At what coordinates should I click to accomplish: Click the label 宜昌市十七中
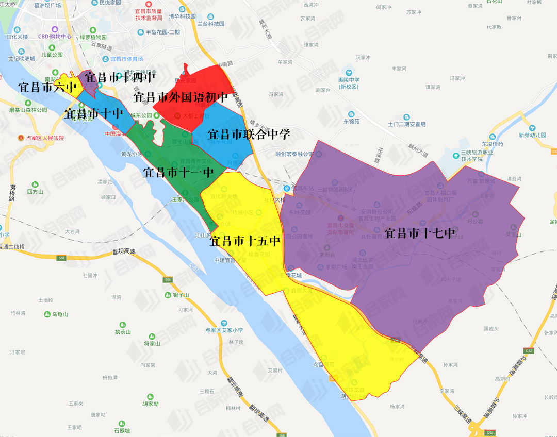pyautogui.click(x=420, y=233)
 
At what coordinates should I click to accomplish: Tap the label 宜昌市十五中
pyautogui.click(x=245, y=240)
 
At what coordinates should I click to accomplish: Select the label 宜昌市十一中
pyautogui.click(x=178, y=172)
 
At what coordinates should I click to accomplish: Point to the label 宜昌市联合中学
pyautogui.click(x=249, y=135)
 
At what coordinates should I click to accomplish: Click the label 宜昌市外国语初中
pyautogui.click(x=181, y=97)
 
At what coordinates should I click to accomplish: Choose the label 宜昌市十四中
pyautogui.click(x=120, y=78)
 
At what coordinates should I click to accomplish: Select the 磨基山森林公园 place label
pyautogui.click(x=28, y=110)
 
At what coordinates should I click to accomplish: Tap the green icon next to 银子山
pyautogui.click(x=168, y=295)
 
